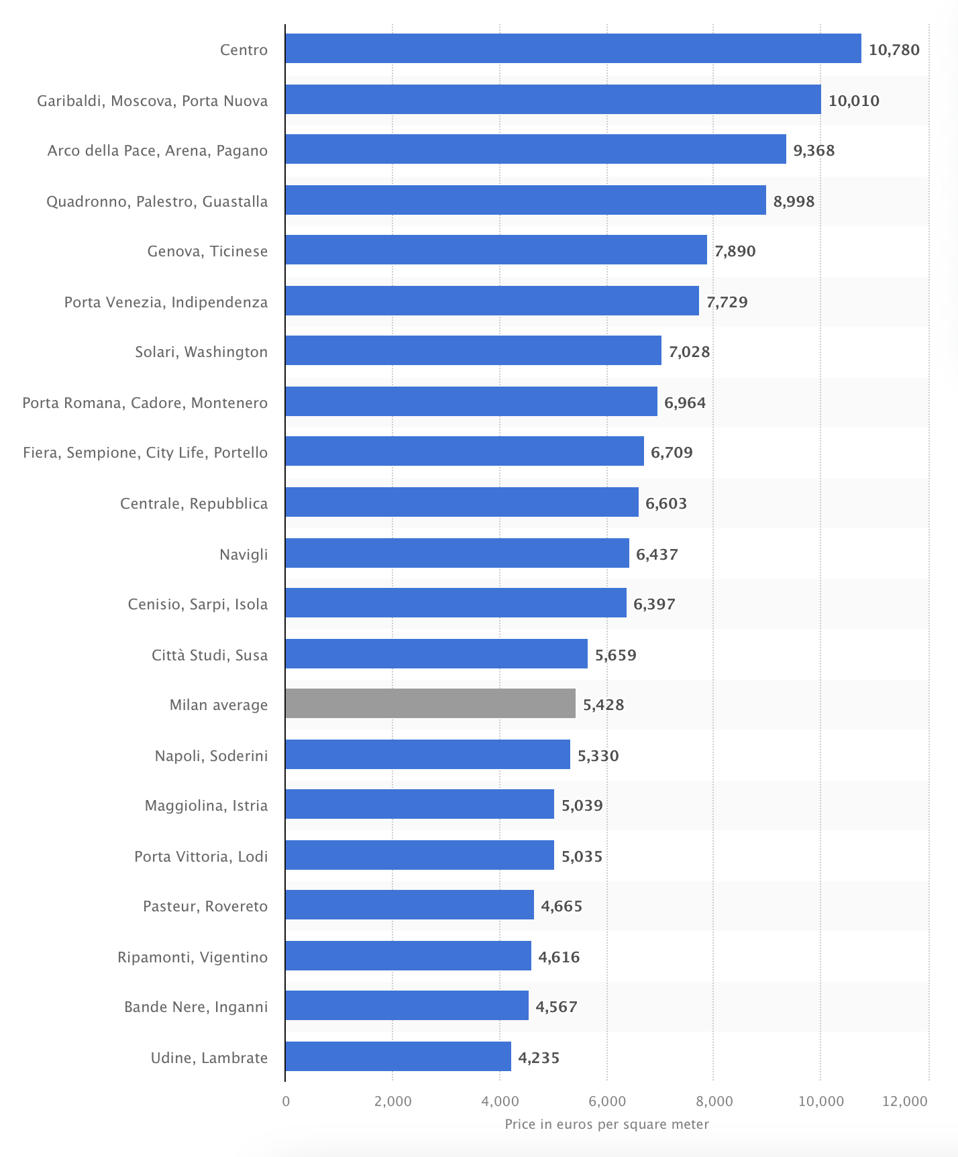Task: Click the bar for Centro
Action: pyautogui.click(x=573, y=49)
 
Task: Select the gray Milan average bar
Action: pyautogui.click(x=430, y=704)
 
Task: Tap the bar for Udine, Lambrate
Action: pyautogui.click(x=398, y=1057)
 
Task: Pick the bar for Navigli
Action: pyautogui.click(x=457, y=554)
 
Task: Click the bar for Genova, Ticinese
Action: pyautogui.click(x=496, y=250)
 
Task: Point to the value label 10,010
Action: pyautogui.click(x=853, y=101)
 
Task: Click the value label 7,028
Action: pyautogui.click(x=689, y=352)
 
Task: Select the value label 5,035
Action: pyautogui.click(x=582, y=856)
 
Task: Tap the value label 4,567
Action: pyautogui.click(x=556, y=1007)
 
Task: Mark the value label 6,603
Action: pyautogui.click(x=666, y=503)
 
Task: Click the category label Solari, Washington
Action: pyautogui.click(x=201, y=352)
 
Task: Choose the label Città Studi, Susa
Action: pyautogui.click(x=209, y=655)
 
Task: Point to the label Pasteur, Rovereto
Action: pyautogui.click(x=205, y=906)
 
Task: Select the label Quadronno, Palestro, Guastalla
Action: pyautogui.click(x=157, y=201)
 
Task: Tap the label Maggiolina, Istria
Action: pyautogui.click(x=206, y=805)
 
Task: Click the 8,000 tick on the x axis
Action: pyautogui.click(x=714, y=1101)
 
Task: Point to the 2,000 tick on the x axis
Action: pyautogui.click(x=393, y=1101)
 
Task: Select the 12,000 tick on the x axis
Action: pyautogui.click(x=905, y=1101)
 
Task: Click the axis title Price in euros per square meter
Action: pyautogui.click(x=606, y=1124)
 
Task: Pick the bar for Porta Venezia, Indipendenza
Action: pyautogui.click(x=492, y=301)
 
